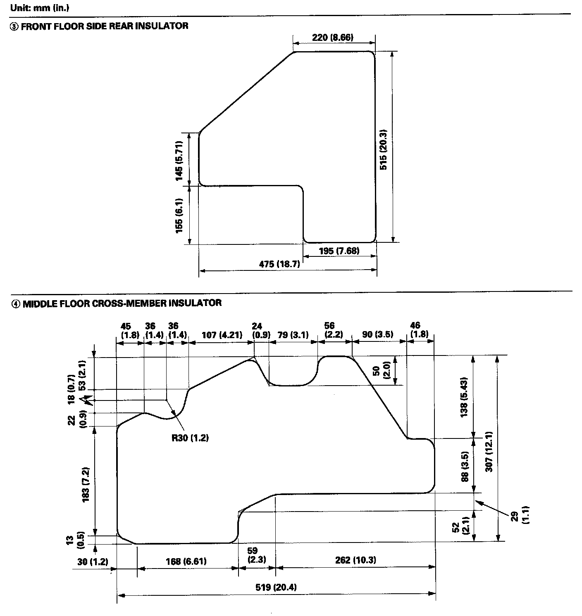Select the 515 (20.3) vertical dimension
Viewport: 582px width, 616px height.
(x=383, y=149)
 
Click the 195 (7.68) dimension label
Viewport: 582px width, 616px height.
(x=339, y=251)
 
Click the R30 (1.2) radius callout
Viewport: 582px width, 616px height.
(x=190, y=438)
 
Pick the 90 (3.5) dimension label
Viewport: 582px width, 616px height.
(x=378, y=334)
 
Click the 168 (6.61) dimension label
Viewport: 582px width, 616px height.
(x=186, y=561)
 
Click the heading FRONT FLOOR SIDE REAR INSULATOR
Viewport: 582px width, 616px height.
(x=104, y=26)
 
